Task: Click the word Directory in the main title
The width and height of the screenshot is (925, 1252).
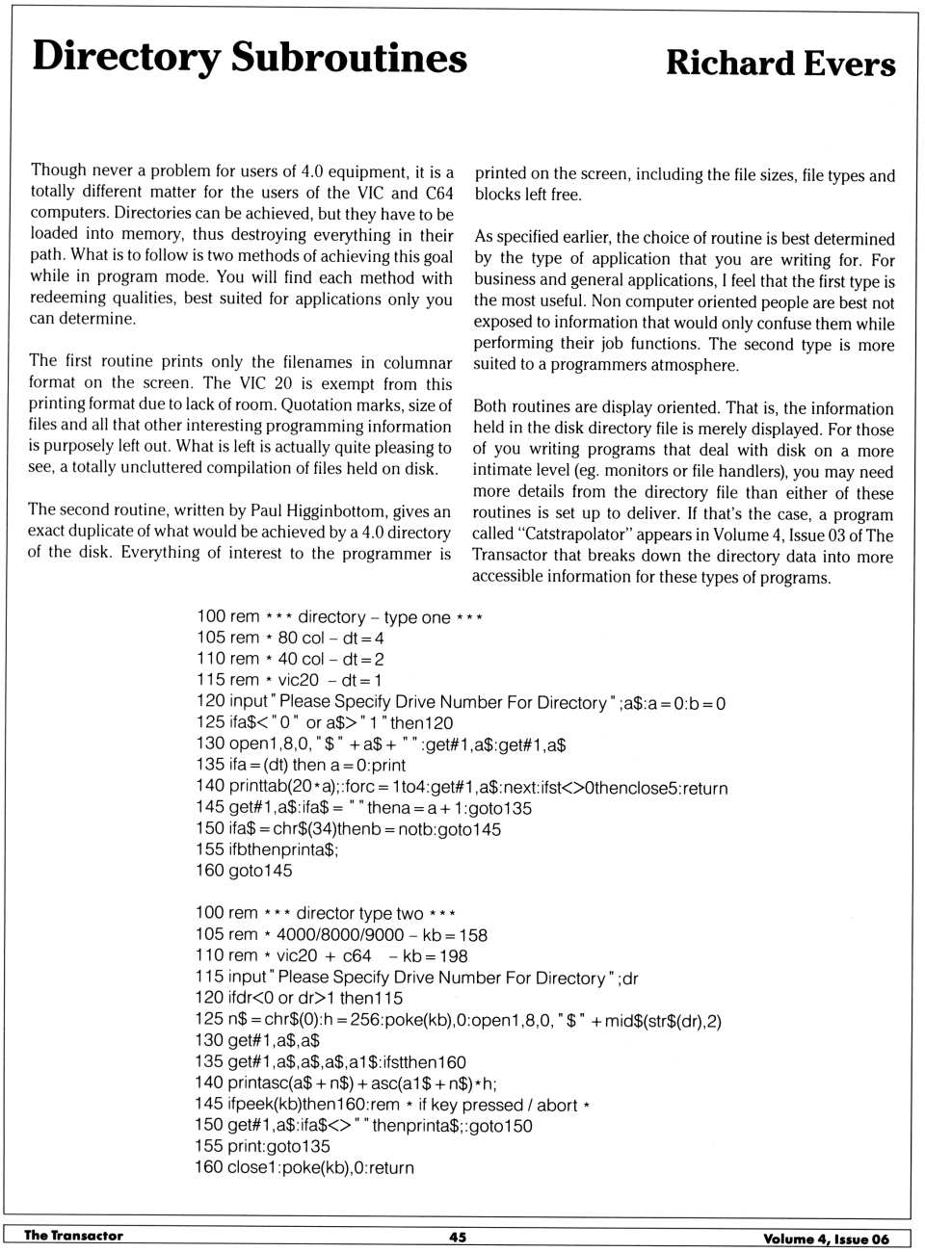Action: [x=126, y=58]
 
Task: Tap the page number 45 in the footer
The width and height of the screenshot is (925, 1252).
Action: [x=458, y=1237]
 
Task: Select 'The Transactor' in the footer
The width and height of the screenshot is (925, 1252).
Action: [x=73, y=1236]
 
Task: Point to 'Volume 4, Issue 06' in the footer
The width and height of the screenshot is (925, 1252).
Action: [x=826, y=1239]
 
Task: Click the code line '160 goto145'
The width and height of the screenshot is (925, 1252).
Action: [x=244, y=871]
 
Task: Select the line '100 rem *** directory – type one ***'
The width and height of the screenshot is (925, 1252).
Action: [x=339, y=616]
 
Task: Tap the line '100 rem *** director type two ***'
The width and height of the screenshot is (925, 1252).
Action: [x=326, y=913]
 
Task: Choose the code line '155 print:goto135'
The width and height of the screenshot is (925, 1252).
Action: [x=262, y=1146]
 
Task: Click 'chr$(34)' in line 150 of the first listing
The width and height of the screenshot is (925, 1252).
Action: [x=304, y=829]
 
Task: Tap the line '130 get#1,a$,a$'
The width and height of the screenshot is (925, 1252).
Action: [x=257, y=1040]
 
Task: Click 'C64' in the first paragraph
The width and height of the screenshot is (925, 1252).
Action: [x=439, y=193]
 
